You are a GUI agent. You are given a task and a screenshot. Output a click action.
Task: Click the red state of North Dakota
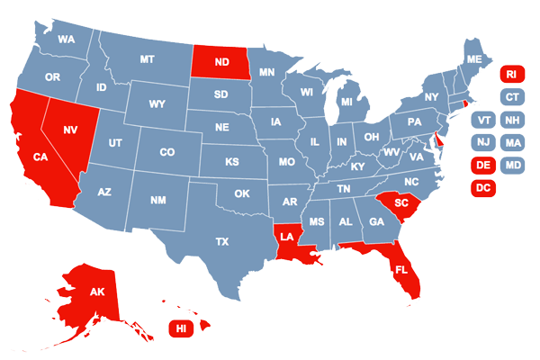click(219, 62)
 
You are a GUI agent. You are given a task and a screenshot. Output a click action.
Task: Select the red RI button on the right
click(510, 74)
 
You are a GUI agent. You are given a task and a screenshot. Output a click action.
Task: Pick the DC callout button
click(483, 188)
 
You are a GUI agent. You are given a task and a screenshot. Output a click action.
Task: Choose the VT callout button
click(483, 120)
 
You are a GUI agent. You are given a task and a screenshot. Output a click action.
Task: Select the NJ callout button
click(483, 142)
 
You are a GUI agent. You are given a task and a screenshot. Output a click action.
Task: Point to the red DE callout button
click(483, 166)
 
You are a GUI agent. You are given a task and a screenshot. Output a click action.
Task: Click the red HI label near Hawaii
click(181, 328)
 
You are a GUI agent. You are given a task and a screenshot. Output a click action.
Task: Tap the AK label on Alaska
click(96, 291)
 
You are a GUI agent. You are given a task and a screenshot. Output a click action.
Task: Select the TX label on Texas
click(221, 241)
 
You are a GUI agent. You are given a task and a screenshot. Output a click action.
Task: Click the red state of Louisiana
click(286, 237)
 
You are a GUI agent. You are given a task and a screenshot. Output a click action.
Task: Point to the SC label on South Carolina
click(401, 203)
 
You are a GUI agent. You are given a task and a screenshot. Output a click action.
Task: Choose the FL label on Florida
click(401, 269)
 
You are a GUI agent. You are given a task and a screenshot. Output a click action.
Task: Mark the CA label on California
click(40, 157)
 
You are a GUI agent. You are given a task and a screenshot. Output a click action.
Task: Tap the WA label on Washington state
click(66, 40)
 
